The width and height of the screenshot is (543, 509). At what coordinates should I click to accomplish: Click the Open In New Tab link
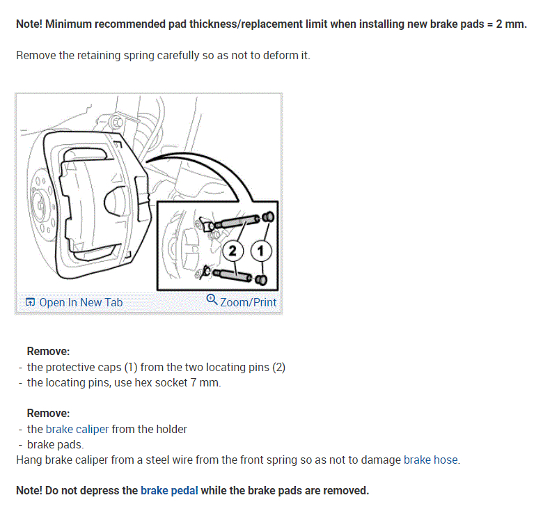coord(81,302)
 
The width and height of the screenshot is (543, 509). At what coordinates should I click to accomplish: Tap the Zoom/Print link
coord(248,302)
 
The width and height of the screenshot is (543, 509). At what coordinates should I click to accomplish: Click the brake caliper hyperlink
coord(77,429)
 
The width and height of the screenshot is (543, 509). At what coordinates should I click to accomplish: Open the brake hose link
coord(431,460)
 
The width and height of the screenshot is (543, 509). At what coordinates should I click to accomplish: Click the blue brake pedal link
coord(169,490)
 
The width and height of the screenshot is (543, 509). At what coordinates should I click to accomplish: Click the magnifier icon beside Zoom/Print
coord(212,300)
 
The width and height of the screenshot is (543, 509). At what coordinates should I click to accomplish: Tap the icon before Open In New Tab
coord(30,302)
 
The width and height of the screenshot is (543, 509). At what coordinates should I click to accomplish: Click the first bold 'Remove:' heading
coord(48,352)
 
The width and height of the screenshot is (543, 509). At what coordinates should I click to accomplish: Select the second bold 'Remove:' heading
coord(48,413)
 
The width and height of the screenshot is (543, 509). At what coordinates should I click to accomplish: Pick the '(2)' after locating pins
coord(277,367)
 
